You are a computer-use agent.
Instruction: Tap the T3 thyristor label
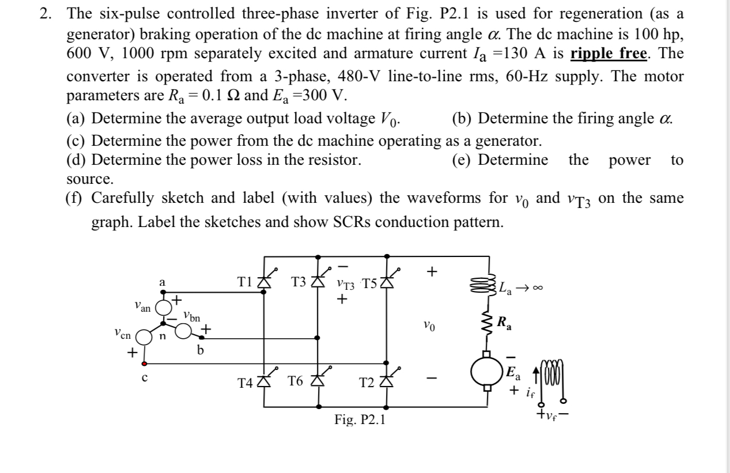299,282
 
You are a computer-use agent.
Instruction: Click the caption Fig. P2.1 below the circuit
360,420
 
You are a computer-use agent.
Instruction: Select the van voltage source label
141,309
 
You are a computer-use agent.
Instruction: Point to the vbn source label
192,316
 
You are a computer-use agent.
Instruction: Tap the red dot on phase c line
143,364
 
